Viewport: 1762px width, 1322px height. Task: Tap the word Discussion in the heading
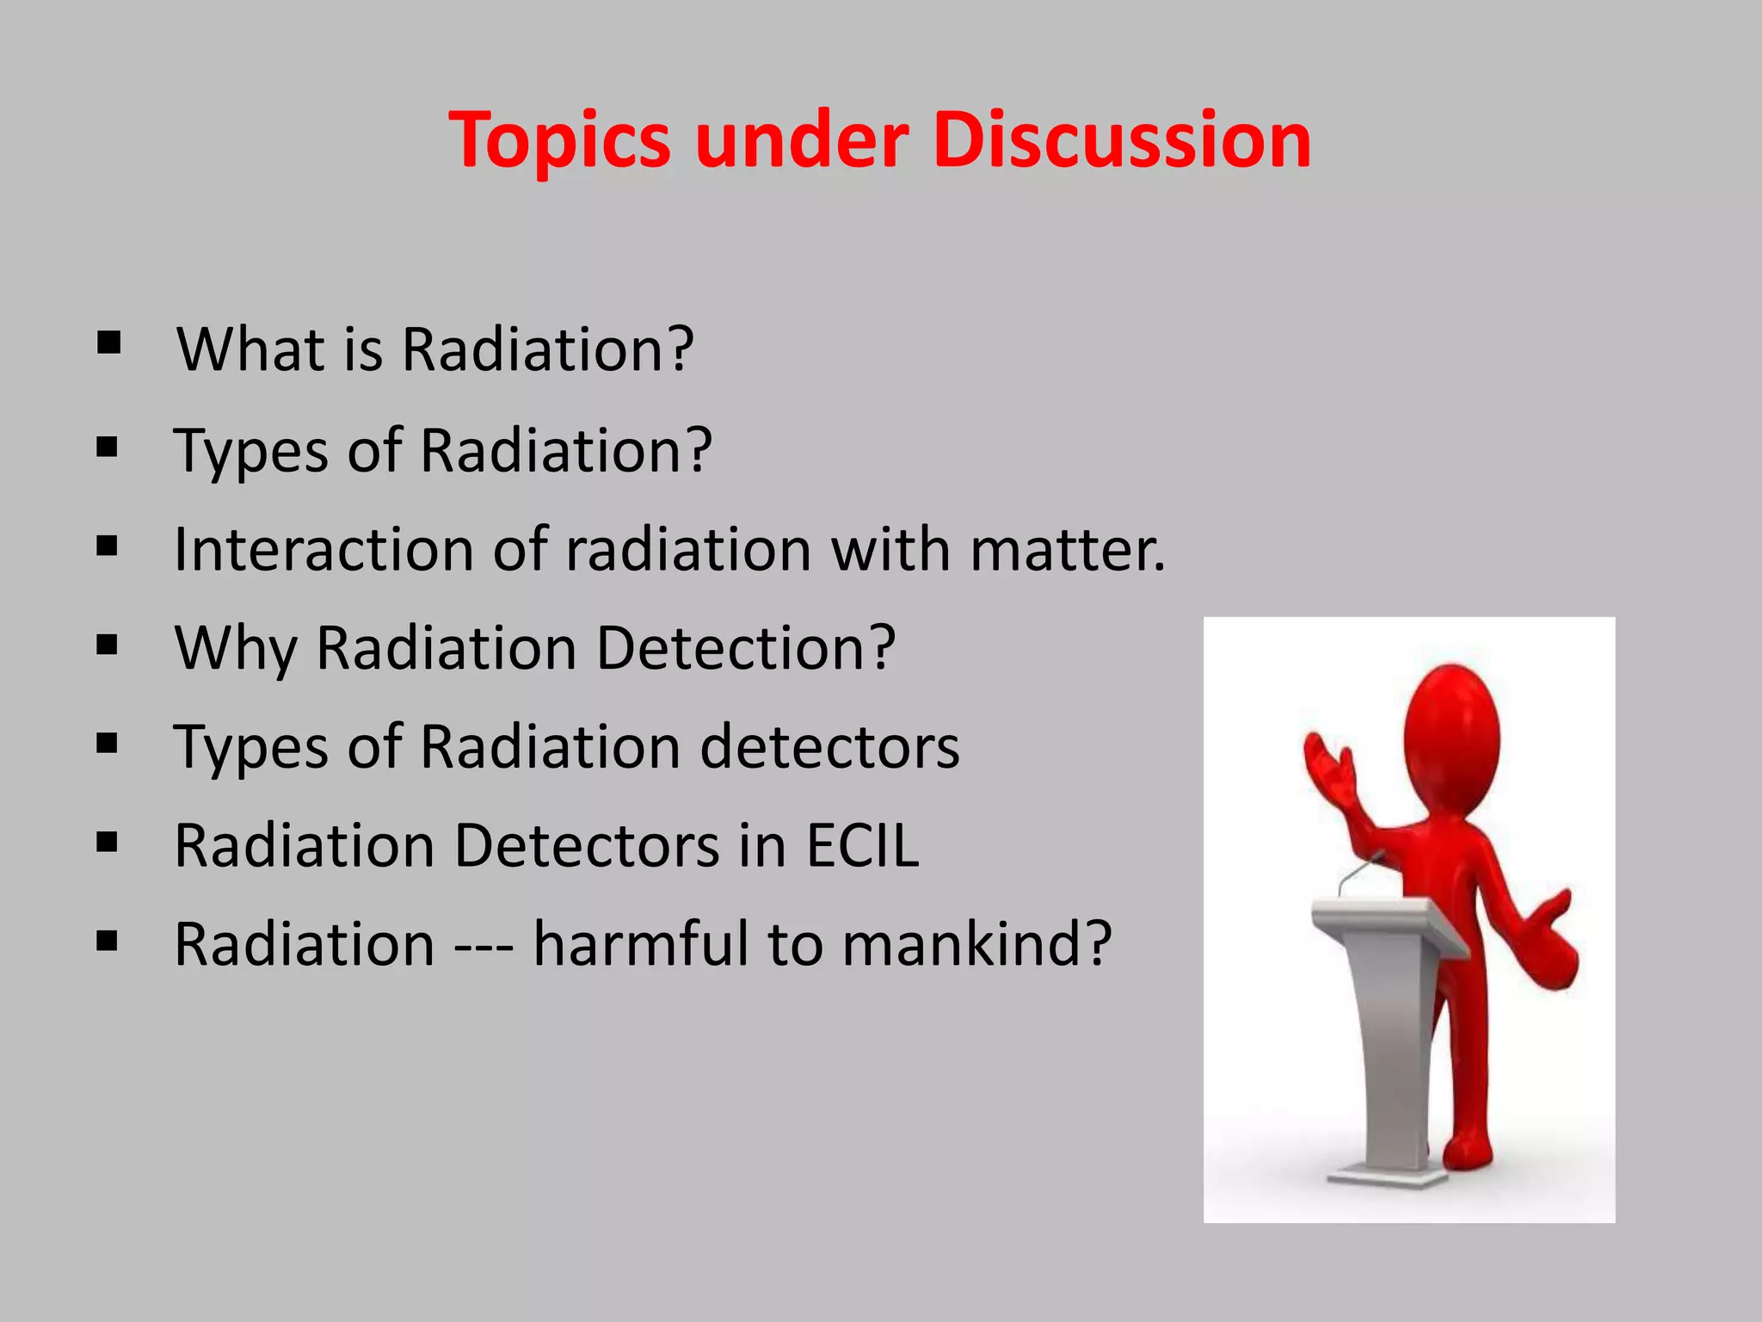[x=1121, y=140]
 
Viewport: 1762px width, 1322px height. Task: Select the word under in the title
[x=801, y=140]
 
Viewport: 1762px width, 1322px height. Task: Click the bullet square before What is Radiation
[x=108, y=343]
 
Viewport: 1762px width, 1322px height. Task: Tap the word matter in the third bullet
[x=1067, y=549]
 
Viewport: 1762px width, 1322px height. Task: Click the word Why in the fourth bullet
[x=236, y=648]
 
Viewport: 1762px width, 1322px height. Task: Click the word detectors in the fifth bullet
[x=829, y=747]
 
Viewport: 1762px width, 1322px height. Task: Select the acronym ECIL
[x=862, y=845]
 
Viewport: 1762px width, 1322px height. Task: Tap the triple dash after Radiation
[x=484, y=945]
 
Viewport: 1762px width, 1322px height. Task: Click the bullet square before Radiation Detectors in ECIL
[x=108, y=843]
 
